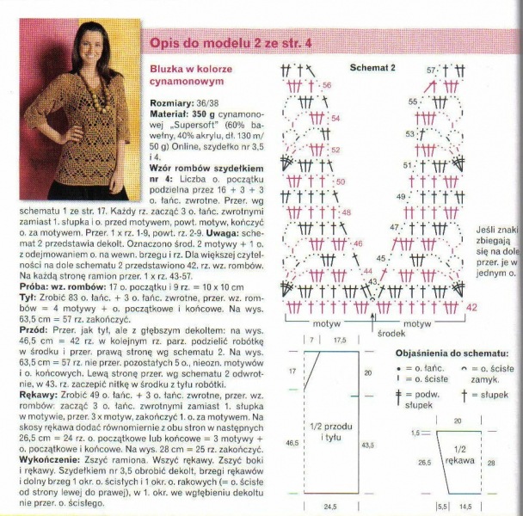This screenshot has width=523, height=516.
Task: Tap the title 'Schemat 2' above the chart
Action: coord(372,66)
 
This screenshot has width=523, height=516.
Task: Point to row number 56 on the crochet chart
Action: coord(327,87)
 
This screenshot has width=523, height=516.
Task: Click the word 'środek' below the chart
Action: coord(390,332)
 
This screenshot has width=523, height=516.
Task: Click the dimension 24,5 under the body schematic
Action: coord(326,507)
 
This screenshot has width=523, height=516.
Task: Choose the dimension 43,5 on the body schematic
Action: coord(368,445)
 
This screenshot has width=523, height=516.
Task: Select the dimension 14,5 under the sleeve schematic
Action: coord(465,507)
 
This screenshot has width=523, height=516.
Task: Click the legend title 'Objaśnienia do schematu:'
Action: coord(452,354)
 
